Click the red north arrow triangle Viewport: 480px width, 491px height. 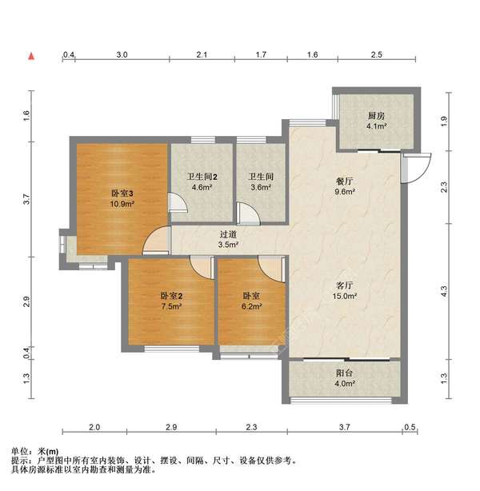pos(31,56)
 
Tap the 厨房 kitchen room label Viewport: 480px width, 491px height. pos(376,116)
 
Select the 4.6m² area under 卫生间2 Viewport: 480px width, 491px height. pos(202,188)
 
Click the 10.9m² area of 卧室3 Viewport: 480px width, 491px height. pos(122,204)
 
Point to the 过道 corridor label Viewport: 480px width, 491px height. pos(228,234)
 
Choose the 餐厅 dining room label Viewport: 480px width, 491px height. pos(344,181)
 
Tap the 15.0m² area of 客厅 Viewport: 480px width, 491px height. pos(345,296)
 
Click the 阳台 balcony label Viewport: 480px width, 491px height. pos(344,373)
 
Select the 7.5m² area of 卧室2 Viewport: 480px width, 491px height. pos(172,306)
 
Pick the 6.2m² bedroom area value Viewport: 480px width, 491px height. pos(251,306)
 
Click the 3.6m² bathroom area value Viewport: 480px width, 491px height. pos(261,187)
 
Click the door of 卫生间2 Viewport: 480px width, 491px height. pos(178,203)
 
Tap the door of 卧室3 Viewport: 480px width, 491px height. pos(156,240)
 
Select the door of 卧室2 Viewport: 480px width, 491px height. pos(202,267)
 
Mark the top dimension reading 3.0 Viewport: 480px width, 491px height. pos(122,55)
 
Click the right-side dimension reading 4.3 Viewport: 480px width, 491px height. pos(444,292)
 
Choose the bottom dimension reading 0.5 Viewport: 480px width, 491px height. pos(410,427)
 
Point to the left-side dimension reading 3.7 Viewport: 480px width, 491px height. pos(26,199)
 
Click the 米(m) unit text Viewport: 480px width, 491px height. pos(48,452)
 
